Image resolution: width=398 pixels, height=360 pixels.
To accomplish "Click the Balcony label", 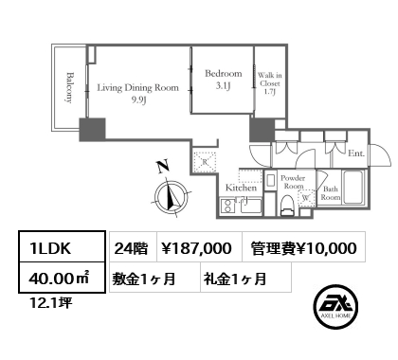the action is pyautogui.click(x=68, y=88).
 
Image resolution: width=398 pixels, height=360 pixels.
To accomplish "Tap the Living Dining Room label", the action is pyautogui.click(x=137, y=94).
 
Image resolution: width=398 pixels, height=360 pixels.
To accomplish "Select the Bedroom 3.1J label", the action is pyautogui.click(x=224, y=80).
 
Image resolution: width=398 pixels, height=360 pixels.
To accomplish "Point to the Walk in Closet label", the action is pyautogui.click(x=269, y=83).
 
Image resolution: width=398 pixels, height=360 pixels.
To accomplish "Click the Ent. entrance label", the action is pyautogui.click(x=356, y=153).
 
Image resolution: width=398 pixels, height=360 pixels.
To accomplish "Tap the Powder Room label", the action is pyautogui.click(x=293, y=182).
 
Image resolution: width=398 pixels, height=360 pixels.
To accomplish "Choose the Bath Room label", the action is pyautogui.click(x=331, y=193).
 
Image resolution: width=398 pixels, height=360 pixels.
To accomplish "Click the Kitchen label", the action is pyautogui.click(x=241, y=188).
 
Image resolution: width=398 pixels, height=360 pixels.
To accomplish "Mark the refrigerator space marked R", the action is pyautogui.click(x=205, y=162).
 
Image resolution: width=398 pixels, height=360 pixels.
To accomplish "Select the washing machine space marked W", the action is pyautogui.click(x=306, y=198).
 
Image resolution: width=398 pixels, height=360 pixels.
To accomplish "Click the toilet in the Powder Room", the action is pyautogui.click(x=287, y=205).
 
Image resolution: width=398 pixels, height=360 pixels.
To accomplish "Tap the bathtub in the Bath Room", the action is pyautogui.click(x=354, y=188).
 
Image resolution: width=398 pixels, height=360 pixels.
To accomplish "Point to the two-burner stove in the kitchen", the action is pyautogui.click(x=226, y=207).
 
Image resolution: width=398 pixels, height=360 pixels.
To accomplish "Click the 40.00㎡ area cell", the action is pyautogui.click(x=62, y=278).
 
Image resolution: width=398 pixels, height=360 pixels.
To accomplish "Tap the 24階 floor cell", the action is pyautogui.click(x=133, y=247).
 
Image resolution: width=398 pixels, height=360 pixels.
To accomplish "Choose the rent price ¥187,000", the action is pyautogui.click(x=196, y=248).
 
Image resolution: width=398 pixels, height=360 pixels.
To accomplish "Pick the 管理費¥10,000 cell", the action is pyautogui.click(x=304, y=247).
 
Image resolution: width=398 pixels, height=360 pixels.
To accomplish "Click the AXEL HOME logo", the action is pyautogui.click(x=335, y=307).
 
